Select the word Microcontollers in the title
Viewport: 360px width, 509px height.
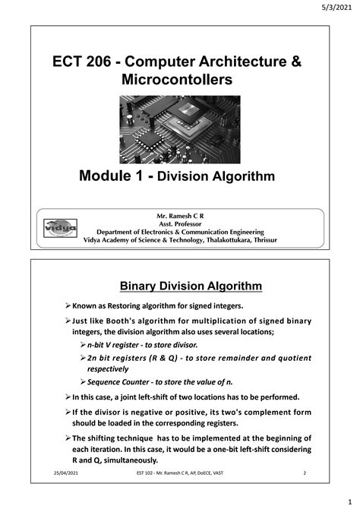(180, 80)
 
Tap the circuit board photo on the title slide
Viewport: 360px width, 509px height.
(180, 128)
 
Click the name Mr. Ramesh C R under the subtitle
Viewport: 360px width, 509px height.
(181, 216)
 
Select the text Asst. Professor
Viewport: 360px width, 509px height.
(180, 223)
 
